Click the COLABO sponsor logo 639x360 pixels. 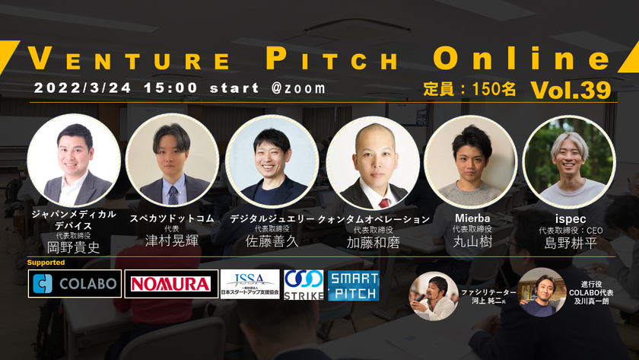[75, 284]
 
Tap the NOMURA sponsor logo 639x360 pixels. [171, 284]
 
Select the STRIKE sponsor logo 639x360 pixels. [304, 285]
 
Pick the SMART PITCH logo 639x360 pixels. [353, 285]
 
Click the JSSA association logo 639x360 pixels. [250, 284]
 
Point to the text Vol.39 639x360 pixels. [571, 90]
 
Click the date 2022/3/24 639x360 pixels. [83, 88]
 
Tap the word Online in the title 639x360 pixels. [521, 58]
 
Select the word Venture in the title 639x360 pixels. [129, 59]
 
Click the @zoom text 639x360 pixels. [298, 88]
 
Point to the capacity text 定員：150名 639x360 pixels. [469, 89]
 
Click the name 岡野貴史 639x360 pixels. [74, 247]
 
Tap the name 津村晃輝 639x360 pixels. [172, 241]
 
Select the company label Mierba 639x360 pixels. [472, 218]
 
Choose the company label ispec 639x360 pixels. [571, 219]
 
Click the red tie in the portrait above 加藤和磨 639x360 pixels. [383, 203]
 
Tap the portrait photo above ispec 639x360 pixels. [569, 162]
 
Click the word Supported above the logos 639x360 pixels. [46, 263]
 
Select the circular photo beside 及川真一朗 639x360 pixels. [542, 292]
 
